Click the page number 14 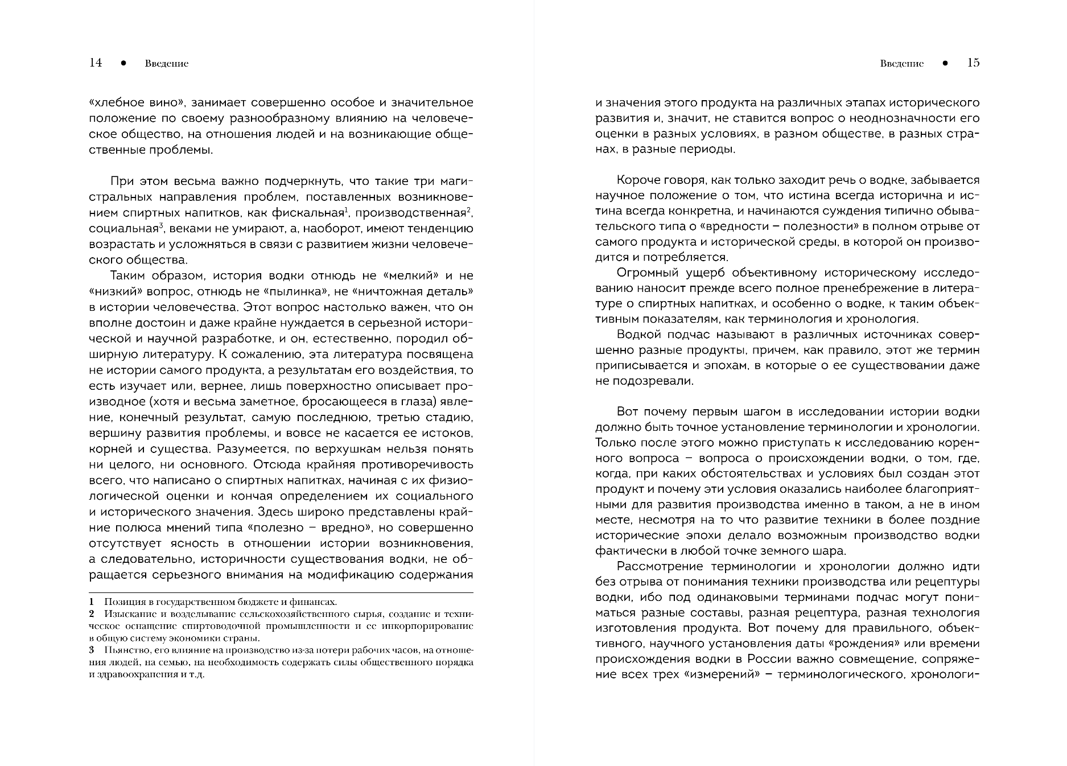pos(96,63)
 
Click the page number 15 pos(973,63)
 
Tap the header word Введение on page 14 pos(166,64)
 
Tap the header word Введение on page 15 pos(901,64)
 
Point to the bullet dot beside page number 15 pos(945,64)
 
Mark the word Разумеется pos(252,448)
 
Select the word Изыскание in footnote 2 pos(128,614)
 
